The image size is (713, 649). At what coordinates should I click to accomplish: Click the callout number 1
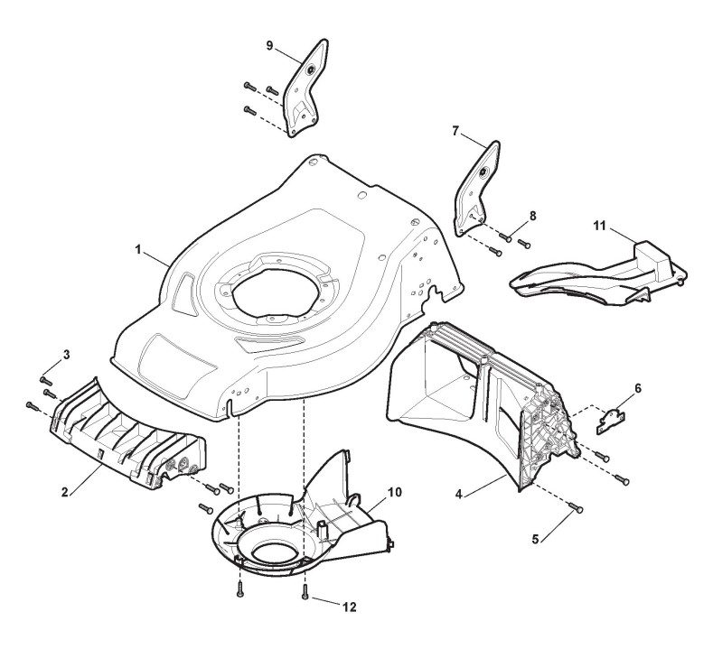(x=139, y=248)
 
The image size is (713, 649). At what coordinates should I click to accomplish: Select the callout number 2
(x=63, y=492)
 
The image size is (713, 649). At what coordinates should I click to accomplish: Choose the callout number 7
(x=455, y=131)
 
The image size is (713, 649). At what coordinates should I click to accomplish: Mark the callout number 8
(x=531, y=216)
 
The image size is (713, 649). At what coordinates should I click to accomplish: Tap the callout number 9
(x=269, y=44)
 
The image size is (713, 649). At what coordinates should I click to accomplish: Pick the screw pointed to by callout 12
(x=307, y=593)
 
